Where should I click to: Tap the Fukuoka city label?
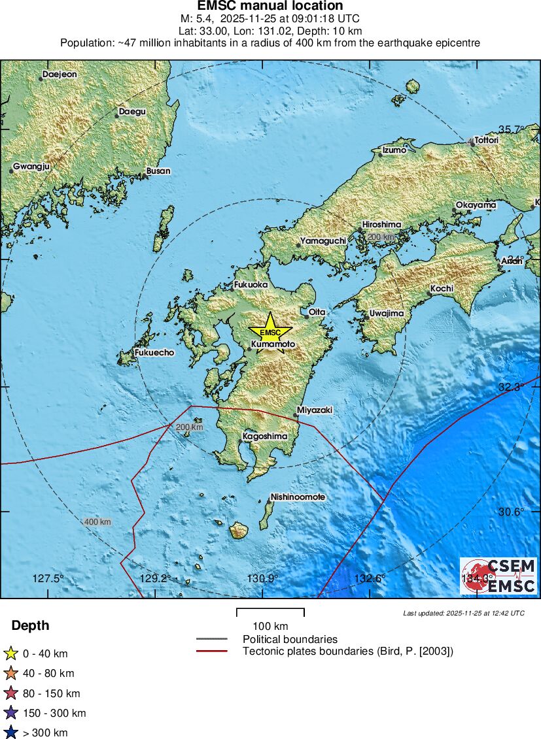tap(251, 285)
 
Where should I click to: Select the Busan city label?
tap(158, 171)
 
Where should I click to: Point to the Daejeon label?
tap(60, 74)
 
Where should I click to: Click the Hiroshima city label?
tap(381, 225)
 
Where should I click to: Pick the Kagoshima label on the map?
tap(265, 436)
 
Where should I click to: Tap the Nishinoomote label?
tap(298, 497)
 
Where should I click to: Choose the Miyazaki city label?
tap(315, 410)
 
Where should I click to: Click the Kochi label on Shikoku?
tap(442, 289)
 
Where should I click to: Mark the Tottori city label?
tap(486, 140)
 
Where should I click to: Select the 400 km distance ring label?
tap(97, 522)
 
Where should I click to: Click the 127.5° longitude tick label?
tap(48, 578)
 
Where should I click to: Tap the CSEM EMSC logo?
tap(498, 575)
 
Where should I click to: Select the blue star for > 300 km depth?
tap(10, 732)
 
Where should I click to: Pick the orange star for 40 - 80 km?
tap(10, 673)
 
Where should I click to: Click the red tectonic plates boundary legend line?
tap(211, 651)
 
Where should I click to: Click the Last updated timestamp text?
tap(464, 614)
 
